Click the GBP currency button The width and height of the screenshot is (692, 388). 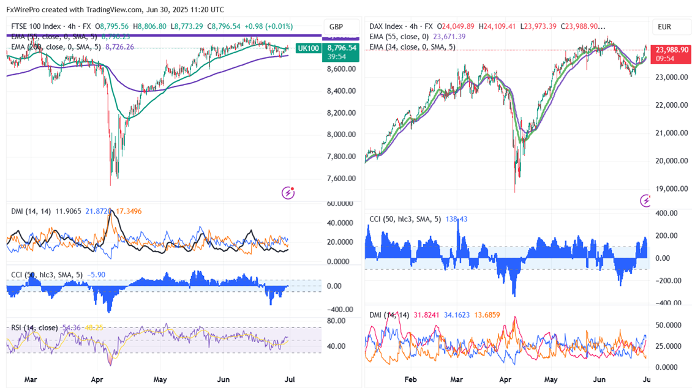(x=336, y=27)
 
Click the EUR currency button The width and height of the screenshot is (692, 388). (x=664, y=27)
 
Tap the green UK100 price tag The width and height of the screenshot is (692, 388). (x=307, y=48)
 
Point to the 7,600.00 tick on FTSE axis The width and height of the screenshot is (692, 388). (x=342, y=179)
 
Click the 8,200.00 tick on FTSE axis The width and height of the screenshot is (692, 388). (x=342, y=113)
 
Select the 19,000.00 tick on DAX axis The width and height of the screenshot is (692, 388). (x=670, y=189)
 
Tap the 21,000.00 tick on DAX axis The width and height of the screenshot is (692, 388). (x=670, y=133)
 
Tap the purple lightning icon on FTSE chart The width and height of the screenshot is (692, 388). (x=287, y=193)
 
